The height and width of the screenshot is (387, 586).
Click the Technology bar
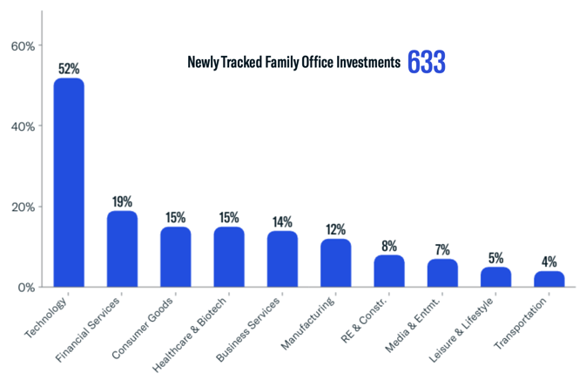(x=69, y=183)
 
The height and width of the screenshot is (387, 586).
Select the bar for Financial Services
(x=122, y=249)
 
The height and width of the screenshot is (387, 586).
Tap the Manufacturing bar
(x=335, y=263)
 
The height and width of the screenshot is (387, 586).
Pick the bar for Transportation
(x=549, y=279)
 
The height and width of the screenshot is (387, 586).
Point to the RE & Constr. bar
(x=389, y=271)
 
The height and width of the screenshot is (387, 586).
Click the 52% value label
(x=69, y=68)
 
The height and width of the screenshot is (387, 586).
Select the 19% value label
(x=122, y=201)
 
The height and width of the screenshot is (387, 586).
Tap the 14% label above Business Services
(x=282, y=221)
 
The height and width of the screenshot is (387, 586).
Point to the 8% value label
(x=389, y=246)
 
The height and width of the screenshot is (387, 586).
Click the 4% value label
(x=549, y=261)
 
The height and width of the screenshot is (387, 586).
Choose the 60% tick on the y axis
(x=22, y=45)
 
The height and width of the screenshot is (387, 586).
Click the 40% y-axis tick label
(x=22, y=126)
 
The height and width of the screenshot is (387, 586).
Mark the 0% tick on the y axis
(x=25, y=288)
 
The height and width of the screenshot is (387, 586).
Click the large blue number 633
(x=427, y=63)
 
